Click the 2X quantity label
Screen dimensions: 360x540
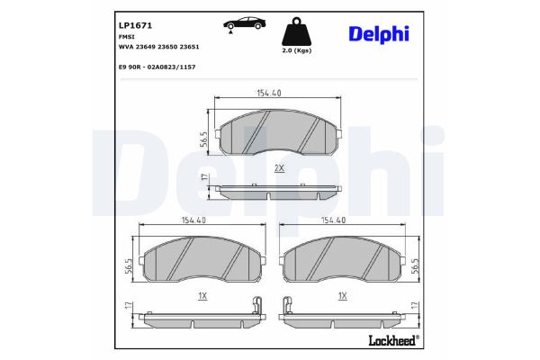279,168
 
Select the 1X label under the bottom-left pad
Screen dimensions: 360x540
202,294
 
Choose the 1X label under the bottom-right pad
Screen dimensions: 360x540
342,294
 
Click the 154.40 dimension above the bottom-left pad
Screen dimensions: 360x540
193,220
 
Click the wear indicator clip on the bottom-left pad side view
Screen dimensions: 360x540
256,306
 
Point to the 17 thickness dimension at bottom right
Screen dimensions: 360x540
414,307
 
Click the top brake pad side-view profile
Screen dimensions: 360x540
280,191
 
